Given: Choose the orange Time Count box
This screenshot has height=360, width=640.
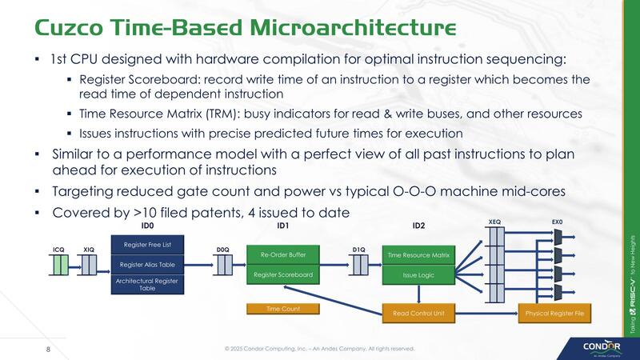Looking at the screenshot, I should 282,308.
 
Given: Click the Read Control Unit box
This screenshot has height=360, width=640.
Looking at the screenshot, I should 418,313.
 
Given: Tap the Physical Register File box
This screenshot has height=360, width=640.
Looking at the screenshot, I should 553,313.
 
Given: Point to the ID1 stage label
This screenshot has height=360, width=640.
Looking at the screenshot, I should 282,226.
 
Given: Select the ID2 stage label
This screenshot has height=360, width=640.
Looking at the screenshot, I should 418,226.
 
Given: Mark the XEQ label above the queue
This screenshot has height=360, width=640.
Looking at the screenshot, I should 494,221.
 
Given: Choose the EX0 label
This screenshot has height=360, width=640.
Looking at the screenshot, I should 558,221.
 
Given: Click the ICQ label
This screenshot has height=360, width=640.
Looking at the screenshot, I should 58,250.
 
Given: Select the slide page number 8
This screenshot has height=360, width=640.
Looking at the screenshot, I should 48,349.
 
